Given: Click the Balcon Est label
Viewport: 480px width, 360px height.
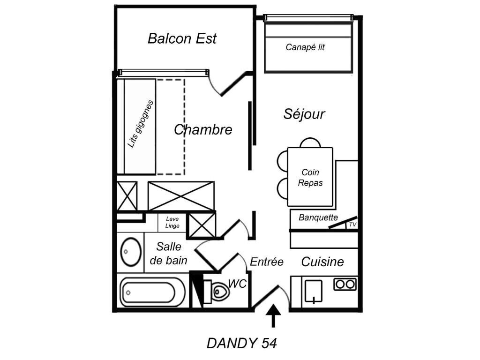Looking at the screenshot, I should pyautogui.click(x=182, y=38).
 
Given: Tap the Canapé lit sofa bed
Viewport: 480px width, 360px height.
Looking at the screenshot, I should pyautogui.click(x=308, y=48).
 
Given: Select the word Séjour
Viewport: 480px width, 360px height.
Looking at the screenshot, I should pyautogui.click(x=304, y=114).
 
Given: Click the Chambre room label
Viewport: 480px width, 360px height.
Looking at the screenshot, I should pyautogui.click(x=203, y=130).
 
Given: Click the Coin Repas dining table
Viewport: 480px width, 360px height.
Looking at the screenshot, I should pyautogui.click(x=310, y=177).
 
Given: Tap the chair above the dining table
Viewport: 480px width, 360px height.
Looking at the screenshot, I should pyautogui.click(x=310, y=142).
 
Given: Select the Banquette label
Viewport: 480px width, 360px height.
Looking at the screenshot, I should pyautogui.click(x=318, y=217).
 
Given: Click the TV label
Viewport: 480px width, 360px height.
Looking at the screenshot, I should pyautogui.click(x=352, y=225).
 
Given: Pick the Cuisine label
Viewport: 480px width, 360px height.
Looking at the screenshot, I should pyautogui.click(x=322, y=262).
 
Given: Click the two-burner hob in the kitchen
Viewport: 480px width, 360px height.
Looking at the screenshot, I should pyautogui.click(x=345, y=284).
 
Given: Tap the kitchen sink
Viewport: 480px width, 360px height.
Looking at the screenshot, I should pyautogui.click(x=313, y=291).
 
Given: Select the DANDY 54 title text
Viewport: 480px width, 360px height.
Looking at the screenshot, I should pyautogui.click(x=242, y=344).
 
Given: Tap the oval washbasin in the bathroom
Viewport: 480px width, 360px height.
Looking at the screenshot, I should pyautogui.click(x=130, y=252).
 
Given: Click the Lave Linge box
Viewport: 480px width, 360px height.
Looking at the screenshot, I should pyautogui.click(x=172, y=223).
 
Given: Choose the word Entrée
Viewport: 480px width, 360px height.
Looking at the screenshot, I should pyautogui.click(x=267, y=262).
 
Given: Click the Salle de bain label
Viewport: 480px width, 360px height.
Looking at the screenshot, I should pyautogui.click(x=169, y=254).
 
